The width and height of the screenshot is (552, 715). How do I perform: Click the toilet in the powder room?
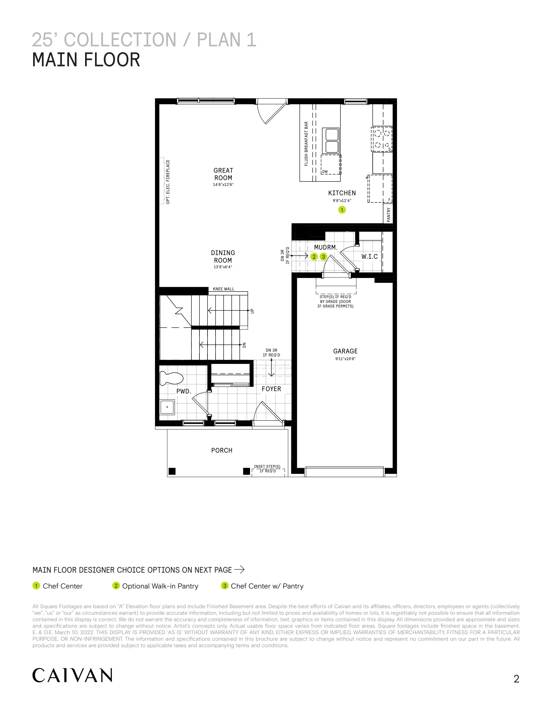click(171, 379)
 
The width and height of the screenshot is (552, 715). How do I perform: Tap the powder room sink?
click(167, 407)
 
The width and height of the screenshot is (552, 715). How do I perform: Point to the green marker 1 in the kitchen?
click(342, 210)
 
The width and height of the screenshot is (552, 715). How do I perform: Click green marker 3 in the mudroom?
click(323, 257)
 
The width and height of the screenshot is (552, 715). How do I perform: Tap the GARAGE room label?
click(345, 351)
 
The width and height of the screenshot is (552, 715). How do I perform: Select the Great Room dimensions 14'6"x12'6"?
click(223, 185)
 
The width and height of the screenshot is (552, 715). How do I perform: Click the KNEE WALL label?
click(224, 289)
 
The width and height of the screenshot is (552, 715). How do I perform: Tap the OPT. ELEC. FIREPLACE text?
click(168, 182)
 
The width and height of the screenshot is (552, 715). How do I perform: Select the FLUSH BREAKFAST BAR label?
click(306, 144)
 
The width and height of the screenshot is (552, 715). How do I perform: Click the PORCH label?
click(222, 450)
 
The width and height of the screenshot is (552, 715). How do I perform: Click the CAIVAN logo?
click(72, 675)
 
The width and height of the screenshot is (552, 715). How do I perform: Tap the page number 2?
click(516, 679)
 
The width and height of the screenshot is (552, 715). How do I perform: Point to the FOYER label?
click(271, 389)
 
